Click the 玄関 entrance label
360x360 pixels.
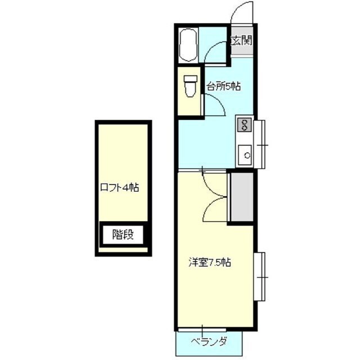point(241,41)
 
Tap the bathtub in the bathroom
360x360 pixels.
point(188,45)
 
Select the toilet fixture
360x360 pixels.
point(191,87)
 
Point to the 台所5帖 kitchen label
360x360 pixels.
point(224,87)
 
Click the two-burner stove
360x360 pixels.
point(244,125)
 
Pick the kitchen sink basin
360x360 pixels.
point(245,155)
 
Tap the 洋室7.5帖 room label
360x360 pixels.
point(210,263)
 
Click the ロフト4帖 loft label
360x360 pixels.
point(120,188)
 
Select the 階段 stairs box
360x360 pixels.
point(123,235)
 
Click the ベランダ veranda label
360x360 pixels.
point(209,341)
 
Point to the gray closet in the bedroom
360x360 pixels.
point(242,197)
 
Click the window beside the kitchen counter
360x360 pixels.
point(260,145)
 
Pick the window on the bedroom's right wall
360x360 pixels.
point(260,277)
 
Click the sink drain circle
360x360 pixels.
point(247,155)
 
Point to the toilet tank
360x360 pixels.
point(191,79)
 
